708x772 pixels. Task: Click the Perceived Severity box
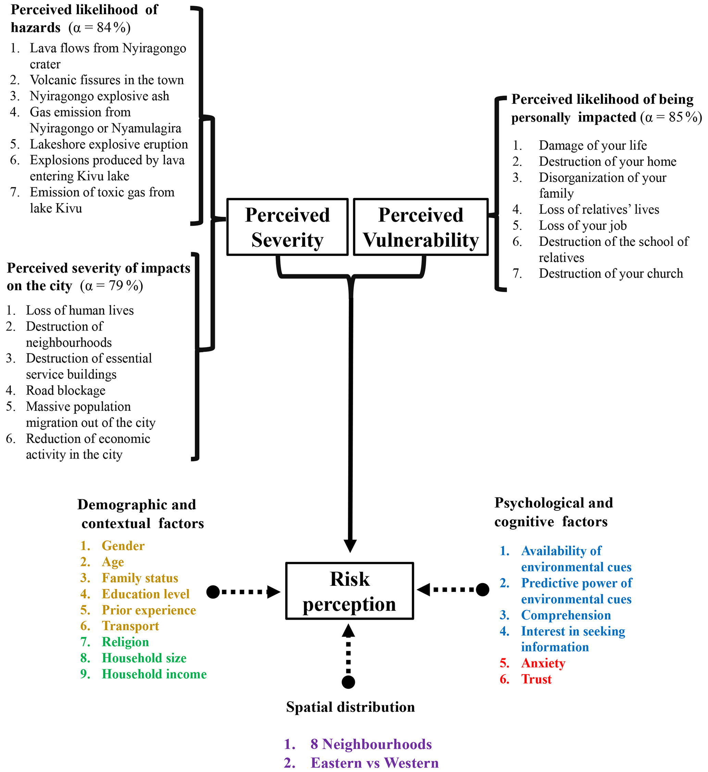click(287, 227)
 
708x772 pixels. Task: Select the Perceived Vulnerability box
click(421, 227)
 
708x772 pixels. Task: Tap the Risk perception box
click(349, 591)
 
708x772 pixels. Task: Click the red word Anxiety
click(543, 663)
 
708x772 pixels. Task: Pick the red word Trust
click(536, 679)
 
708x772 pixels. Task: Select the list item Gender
click(123, 546)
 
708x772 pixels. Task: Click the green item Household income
click(154, 674)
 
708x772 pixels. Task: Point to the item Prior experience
click(149, 610)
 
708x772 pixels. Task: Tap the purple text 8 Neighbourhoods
click(371, 744)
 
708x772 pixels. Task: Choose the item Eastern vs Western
click(374, 763)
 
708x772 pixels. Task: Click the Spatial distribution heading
click(350, 707)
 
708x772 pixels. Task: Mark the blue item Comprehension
click(566, 615)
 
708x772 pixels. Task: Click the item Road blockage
click(65, 390)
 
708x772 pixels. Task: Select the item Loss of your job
click(582, 226)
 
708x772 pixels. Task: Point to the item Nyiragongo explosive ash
click(99, 96)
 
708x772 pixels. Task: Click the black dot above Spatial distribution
click(348, 682)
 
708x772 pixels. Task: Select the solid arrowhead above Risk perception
click(350, 546)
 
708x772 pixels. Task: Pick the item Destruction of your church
click(611, 274)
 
